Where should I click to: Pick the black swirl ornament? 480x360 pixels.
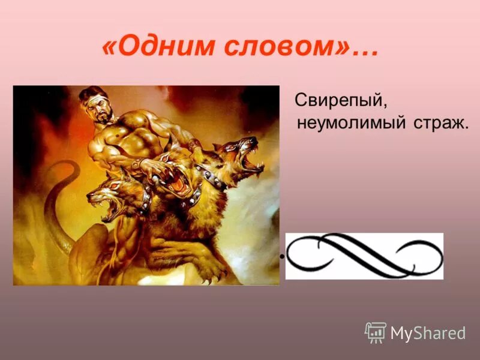[x=364, y=256]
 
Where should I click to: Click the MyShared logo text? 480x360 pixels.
[x=427, y=332]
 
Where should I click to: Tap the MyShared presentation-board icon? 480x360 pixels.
[x=375, y=331]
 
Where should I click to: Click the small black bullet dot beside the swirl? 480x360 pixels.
[x=280, y=257]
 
